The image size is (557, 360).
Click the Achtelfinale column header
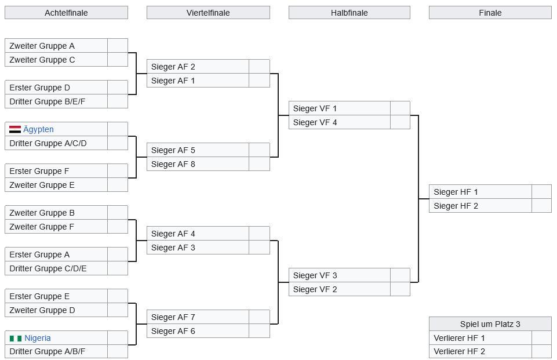click(x=66, y=13)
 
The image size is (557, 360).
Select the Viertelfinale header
click(x=208, y=13)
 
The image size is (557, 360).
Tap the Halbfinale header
click(x=349, y=13)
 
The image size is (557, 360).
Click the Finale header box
click(x=490, y=13)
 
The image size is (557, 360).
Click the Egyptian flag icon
click(x=15, y=129)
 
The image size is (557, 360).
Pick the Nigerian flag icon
click(x=16, y=338)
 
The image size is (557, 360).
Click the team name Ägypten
click(x=38, y=129)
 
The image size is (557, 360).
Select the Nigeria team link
click(x=38, y=338)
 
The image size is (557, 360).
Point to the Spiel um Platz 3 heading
click(x=490, y=324)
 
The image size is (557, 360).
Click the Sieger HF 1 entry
click(x=456, y=192)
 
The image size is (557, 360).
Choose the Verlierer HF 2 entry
click(x=459, y=351)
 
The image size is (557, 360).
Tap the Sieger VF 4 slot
click(x=315, y=122)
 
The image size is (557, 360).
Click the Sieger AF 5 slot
click(x=173, y=150)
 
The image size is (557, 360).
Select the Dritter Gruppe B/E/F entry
click(x=47, y=101)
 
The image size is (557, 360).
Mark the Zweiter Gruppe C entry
click(x=42, y=60)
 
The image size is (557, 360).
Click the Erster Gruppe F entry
click(x=39, y=171)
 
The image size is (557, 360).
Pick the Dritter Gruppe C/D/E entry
click(x=48, y=268)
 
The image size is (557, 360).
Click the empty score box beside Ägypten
click(x=118, y=129)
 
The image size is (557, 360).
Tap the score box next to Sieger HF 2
click(x=541, y=206)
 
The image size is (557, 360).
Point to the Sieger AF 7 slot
click(x=173, y=317)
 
